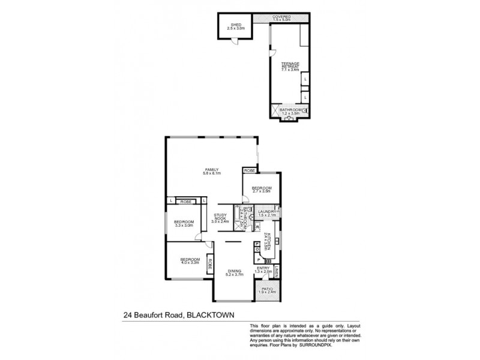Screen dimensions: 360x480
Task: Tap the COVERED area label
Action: pos(281,16)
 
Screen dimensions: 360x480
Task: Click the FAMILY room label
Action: pos(211,169)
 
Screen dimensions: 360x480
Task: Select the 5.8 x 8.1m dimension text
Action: pos(211,173)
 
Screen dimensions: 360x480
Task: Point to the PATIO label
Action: pos(266,289)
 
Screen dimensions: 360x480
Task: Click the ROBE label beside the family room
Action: pos(250,171)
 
